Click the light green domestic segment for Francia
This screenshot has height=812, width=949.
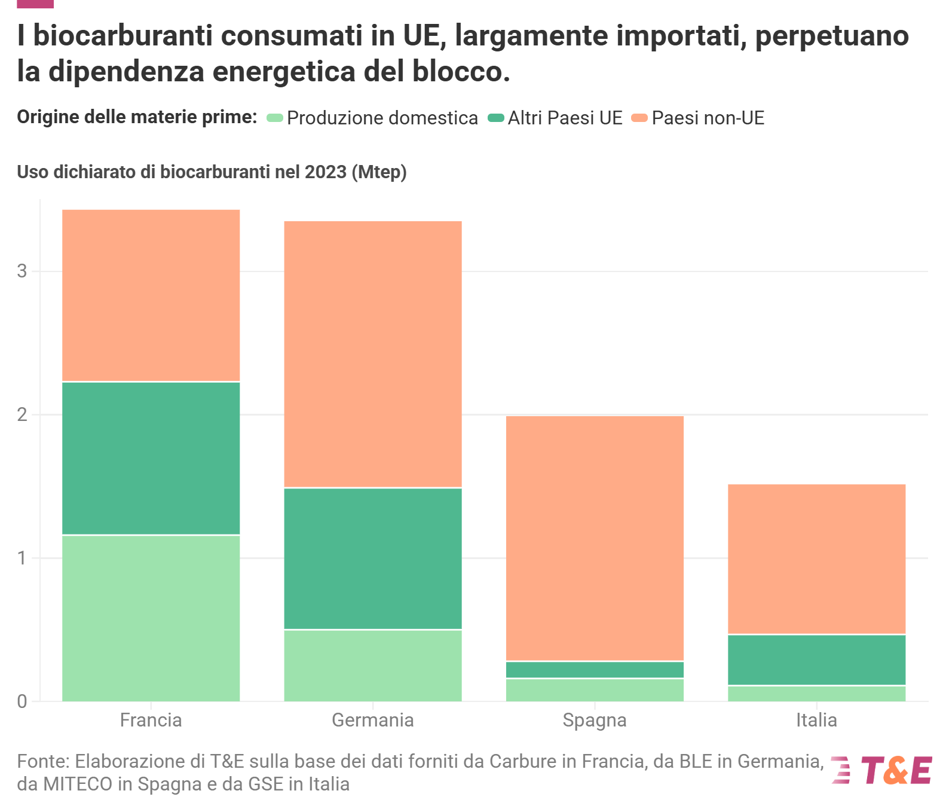(x=151, y=618)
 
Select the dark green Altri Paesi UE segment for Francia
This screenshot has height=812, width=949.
(x=151, y=458)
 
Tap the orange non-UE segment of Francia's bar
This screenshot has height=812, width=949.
(x=151, y=295)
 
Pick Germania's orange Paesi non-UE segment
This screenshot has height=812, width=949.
(x=372, y=354)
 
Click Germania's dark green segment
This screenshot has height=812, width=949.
(x=372, y=558)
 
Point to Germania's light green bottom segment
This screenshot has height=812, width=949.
(x=372, y=665)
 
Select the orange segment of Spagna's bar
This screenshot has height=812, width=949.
(x=595, y=538)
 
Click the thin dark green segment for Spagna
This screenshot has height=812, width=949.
(x=595, y=670)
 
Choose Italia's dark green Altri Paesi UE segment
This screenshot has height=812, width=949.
(x=816, y=660)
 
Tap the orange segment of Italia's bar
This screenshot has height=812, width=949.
(x=816, y=558)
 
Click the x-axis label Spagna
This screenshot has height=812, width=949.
(x=595, y=720)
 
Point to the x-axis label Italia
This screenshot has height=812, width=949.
(x=816, y=720)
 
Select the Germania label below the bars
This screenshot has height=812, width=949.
(x=372, y=720)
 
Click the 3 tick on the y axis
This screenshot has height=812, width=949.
(x=23, y=271)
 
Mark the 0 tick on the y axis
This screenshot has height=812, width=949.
(x=23, y=701)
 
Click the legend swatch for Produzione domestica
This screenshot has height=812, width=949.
(x=275, y=118)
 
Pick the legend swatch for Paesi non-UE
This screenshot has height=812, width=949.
(x=639, y=118)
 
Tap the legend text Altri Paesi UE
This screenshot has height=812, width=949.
(x=565, y=118)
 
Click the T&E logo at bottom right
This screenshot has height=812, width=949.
(x=882, y=770)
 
